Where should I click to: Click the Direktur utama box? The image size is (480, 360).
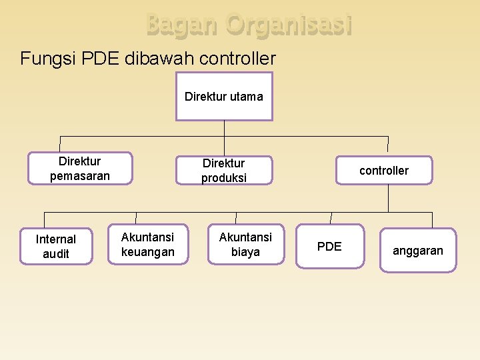[x=224, y=96]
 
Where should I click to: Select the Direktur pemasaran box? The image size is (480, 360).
[x=80, y=169]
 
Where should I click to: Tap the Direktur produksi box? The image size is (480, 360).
[x=224, y=170]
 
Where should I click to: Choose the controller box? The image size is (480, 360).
[x=384, y=170]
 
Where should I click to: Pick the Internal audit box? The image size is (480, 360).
[x=56, y=246]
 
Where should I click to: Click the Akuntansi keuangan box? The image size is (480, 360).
[x=147, y=244]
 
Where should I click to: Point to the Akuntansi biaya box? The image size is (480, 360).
[x=245, y=244]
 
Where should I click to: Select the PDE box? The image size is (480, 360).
[x=329, y=247]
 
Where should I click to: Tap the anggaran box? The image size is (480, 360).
[x=418, y=251]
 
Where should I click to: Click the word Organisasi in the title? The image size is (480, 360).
[x=289, y=25]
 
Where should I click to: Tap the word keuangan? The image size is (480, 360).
[x=147, y=252]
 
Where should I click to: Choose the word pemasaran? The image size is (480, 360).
[x=80, y=176]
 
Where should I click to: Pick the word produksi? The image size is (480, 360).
[x=224, y=178]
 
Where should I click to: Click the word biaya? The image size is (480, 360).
[x=245, y=252]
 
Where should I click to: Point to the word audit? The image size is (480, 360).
[x=56, y=254]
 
